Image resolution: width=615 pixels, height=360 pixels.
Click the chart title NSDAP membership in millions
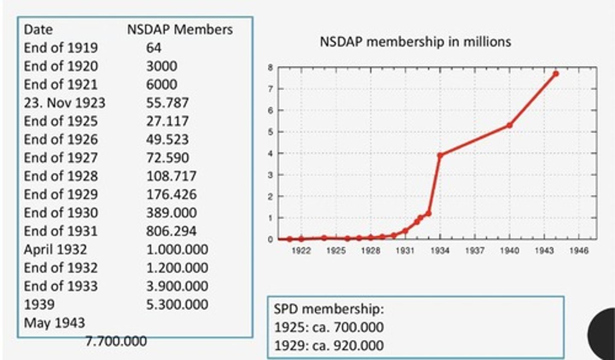(x=415, y=42)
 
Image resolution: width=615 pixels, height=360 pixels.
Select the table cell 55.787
(x=167, y=103)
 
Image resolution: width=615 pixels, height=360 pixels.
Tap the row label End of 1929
(x=61, y=194)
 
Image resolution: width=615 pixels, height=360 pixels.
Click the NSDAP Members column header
(x=180, y=29)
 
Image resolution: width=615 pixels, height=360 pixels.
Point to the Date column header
(x=38, y=29)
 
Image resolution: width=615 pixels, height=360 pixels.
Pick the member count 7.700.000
(x=116, y=341)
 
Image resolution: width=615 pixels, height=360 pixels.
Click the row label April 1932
(x=55, y=249)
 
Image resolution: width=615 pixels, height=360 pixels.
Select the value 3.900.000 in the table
(x=177, y=286)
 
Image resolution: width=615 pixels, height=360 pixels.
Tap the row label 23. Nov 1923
(x=64, y=103)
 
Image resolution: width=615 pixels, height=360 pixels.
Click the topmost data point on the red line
(x=556, y=73)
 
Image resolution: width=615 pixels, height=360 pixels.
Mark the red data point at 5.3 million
(x=509, y=125)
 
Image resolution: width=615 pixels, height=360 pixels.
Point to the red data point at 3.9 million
(x=440, y=155)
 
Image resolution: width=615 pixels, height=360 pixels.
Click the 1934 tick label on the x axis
(x=440, y=251)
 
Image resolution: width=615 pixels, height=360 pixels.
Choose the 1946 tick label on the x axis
(x=579, y=251)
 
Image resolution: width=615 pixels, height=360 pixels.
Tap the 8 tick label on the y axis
(x=270, y=67)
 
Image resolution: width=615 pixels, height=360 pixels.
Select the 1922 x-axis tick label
(x=301, y=251)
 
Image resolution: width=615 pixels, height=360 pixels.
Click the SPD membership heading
(x=329, y=309)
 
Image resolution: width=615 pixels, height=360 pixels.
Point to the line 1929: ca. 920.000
(x=329, y=345)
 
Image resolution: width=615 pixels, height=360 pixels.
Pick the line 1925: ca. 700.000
(x=329, y=327)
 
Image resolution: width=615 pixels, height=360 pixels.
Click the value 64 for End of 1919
(x=154, y=48)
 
